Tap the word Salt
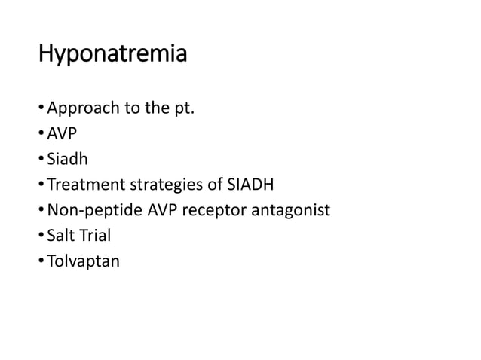coord(60,236)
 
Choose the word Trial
coord(94,236)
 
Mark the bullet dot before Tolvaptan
coord(42,261)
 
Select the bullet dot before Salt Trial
coord(42,236)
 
